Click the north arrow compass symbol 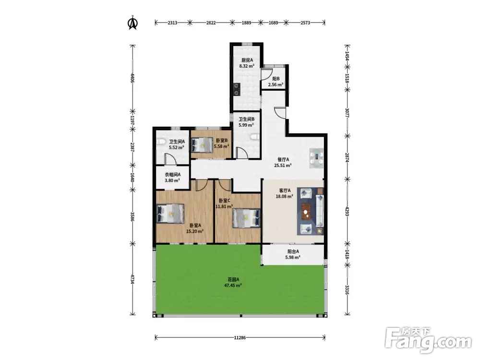tap(132, 23)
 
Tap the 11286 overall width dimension tap(240, 337)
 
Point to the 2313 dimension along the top tap(172, 23)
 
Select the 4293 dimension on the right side tap(347, 211)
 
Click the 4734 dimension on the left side tap(132, 279)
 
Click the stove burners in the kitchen tap(236, 89)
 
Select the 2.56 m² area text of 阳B tap(276, 84)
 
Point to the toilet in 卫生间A tap(161, 142)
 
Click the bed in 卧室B tap(202, 144)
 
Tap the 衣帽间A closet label tap(173, 175)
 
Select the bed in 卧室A tap(170, 213)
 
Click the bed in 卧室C tap(246, 218)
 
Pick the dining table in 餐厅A tap(316, 158)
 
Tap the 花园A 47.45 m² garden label tap(233, 282)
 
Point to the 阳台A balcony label tap(293, 252)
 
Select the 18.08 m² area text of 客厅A tap(284, 196)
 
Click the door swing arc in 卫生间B tap(241, 152)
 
